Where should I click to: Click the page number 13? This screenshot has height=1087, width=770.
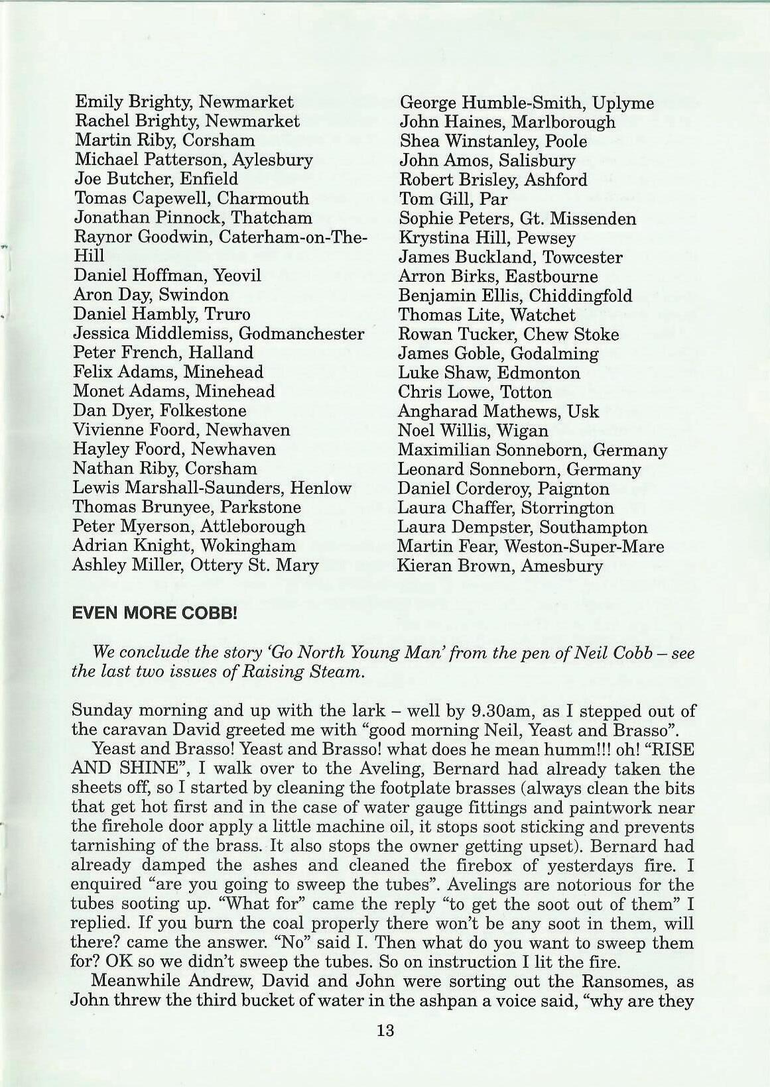385,1049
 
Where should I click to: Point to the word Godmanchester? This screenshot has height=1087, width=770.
300,333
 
